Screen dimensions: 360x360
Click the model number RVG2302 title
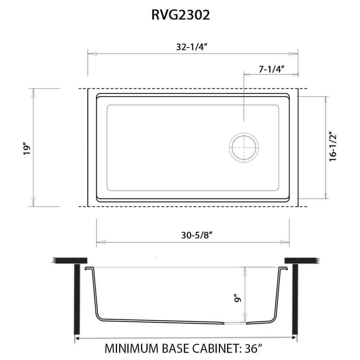click(x=180, y=15)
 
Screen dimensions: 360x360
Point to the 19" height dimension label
click(x=26, y=149)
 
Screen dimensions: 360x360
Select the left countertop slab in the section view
click(x=70, y=260)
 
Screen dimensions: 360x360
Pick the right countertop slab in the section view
click(x=301, y=260)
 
